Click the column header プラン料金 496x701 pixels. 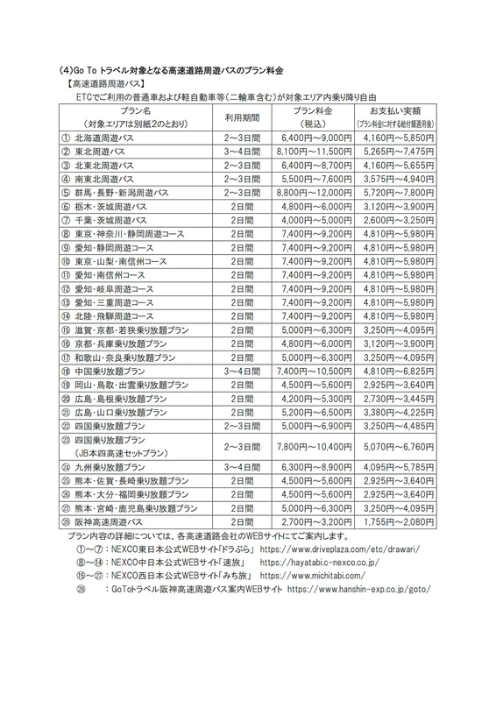click(313, 112)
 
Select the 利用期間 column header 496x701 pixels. click(238, 117)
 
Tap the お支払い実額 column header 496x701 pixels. click(394, 112)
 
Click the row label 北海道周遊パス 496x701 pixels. click(104, 138)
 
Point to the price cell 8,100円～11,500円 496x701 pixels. click(313, 151)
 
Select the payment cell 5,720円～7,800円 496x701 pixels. click(394, 192)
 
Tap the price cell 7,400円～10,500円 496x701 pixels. click(313, 372)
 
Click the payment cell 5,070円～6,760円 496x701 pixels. click(394, 446)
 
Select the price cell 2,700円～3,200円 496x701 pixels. click(313, 522)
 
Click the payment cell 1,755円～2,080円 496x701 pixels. click(394, 522)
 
